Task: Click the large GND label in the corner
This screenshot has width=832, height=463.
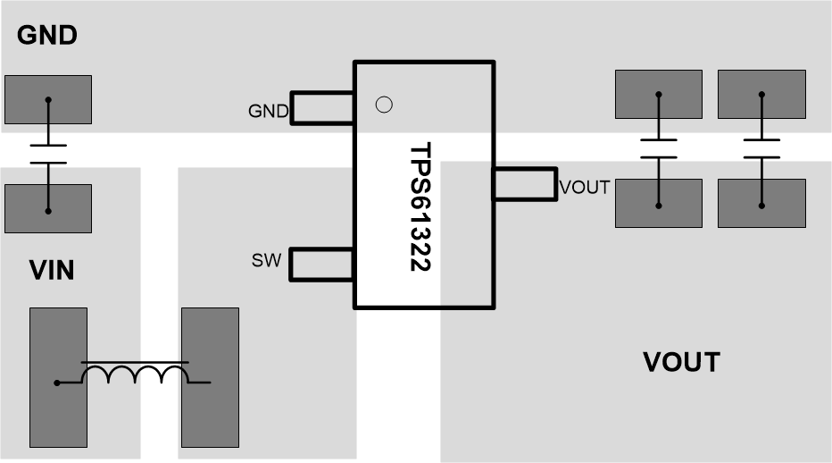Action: (x=47, y=36)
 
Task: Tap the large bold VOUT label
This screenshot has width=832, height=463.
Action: (x=681, y=362)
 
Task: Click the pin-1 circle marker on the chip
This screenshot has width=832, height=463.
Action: (x=384, y=105)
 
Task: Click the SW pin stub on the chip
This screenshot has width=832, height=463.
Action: (x=321, y=264)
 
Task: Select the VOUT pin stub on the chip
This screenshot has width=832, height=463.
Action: (x=524, y=185)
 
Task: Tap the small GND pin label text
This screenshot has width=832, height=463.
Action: (x=268, y=112)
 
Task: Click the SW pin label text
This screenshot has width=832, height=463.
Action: (x=266, y=261)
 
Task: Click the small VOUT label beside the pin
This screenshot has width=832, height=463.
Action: (x=585, y=188)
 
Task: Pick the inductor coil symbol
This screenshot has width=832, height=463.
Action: (x=135, y=373)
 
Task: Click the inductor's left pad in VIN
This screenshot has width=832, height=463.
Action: (x=58, y=377)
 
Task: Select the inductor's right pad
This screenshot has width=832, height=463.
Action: (x=210, y=377)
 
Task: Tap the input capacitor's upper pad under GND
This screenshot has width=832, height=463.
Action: (x=48, y=99)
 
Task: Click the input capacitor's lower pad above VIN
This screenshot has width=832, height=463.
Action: (x=48, y=208)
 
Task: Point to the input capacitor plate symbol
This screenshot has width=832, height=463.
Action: (x=48, y=154)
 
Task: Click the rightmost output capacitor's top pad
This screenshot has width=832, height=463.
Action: (x=761, y=94)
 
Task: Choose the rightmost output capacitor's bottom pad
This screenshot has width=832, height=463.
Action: (x=761, y=203)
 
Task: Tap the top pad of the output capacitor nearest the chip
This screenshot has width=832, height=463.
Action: (x=659, y=94)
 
